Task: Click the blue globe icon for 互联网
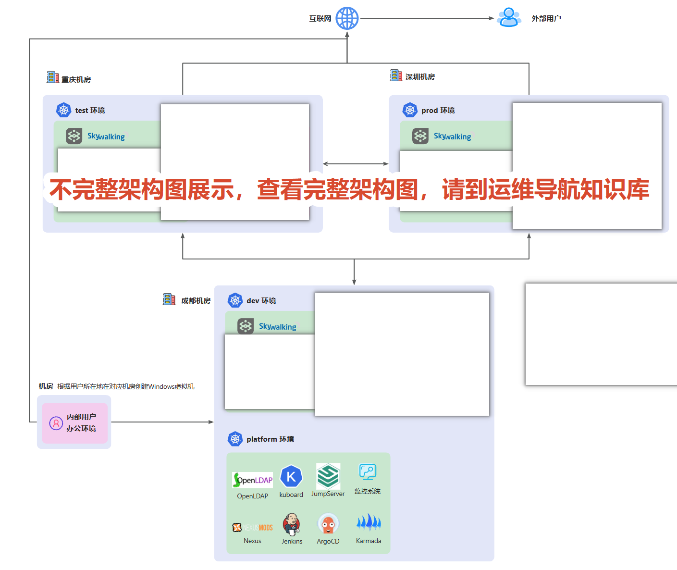tap(347, 18)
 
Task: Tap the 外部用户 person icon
tap(509, 17)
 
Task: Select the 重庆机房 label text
tap(76, 79)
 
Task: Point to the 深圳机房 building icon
tap(396, 75)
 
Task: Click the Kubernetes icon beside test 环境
tap(63, 110)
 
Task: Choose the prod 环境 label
tap(438, 111)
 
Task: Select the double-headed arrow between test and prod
tap(356, 164)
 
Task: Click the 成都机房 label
tap(196, 301)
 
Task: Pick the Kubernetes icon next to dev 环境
tap(235, 300)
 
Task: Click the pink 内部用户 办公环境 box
tap(74, 423)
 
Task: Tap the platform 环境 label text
tap(271, 439)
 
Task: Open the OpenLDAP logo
tap(252, 480)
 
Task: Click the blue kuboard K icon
tap(291, 476)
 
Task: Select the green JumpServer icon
tap(328, 476)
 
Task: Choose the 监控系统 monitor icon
tap(368, 471)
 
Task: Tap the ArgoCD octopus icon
tap(328, 523)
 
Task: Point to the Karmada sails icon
tap(369, 522)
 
